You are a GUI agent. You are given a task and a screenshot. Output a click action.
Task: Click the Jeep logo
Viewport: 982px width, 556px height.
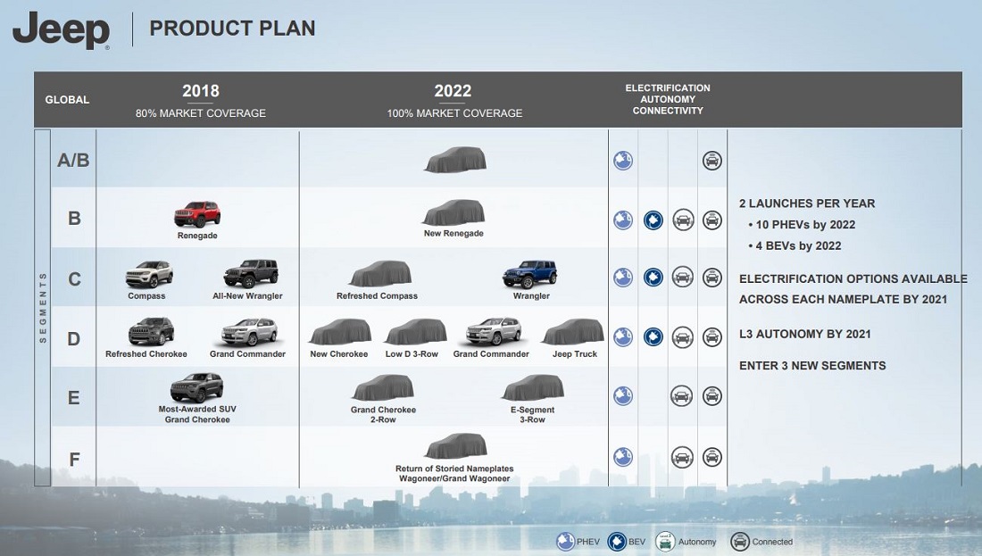pyautogui.click(x=61, y=30)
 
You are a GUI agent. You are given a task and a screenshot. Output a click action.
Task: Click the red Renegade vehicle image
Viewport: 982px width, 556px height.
pyautogui.click(x=197, y=214)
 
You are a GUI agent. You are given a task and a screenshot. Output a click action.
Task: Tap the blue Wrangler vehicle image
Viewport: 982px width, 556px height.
pyautogui.click(x=529, y=274)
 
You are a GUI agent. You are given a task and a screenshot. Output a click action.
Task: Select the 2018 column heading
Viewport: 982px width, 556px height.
pyautogui.click(x=200, y=91)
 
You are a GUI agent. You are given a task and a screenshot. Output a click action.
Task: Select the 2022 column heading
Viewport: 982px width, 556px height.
pyautogui.click(x=453, y=91)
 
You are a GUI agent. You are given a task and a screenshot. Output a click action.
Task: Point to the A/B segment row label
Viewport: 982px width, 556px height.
pyautogui.click(x=73, y=161)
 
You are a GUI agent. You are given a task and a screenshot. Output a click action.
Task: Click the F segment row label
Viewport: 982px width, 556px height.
pyautogui.click(x=74, y=460)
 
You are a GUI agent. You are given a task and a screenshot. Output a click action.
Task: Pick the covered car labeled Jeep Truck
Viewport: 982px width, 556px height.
pyautogui.click(x=573, y=332)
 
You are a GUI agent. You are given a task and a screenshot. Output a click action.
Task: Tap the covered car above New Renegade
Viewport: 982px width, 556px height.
pyautogui.click(x=454, y=213)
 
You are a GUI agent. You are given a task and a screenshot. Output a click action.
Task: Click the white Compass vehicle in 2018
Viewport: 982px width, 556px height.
pyautogui.click(x=149, y=274)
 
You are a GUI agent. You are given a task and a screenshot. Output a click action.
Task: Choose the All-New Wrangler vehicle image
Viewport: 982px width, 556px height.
pyautogui.click(x=251, y=274)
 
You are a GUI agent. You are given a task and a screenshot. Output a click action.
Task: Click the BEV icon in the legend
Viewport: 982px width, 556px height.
pyautogui.click(x=617, y=542)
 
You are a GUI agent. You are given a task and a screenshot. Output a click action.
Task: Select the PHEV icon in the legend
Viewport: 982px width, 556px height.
pyautogui.click(x=565, y=542)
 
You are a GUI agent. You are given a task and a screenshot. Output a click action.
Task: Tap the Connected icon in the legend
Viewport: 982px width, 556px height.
pyautogui.click(x=740, y=542)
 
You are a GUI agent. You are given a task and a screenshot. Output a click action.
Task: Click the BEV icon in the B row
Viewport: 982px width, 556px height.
pyautogui.click(x=653, y=220)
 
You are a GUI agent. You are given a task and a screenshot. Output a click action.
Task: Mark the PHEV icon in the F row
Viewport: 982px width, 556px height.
pyautogui.click(x=623, y=457)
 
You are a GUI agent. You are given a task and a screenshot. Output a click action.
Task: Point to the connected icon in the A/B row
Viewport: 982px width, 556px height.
pyautogui.click(x=712, y=161)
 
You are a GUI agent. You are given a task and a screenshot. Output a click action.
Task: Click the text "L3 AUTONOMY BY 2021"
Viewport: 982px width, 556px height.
pyautogui.click(x=804, y=335)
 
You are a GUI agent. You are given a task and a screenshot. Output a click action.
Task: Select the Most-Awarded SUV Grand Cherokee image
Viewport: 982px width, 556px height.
pyautogui.click(x=196, y=387)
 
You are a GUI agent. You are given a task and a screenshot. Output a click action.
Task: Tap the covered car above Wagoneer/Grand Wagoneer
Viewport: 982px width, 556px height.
pyautogui.click(x=456, y=446)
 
